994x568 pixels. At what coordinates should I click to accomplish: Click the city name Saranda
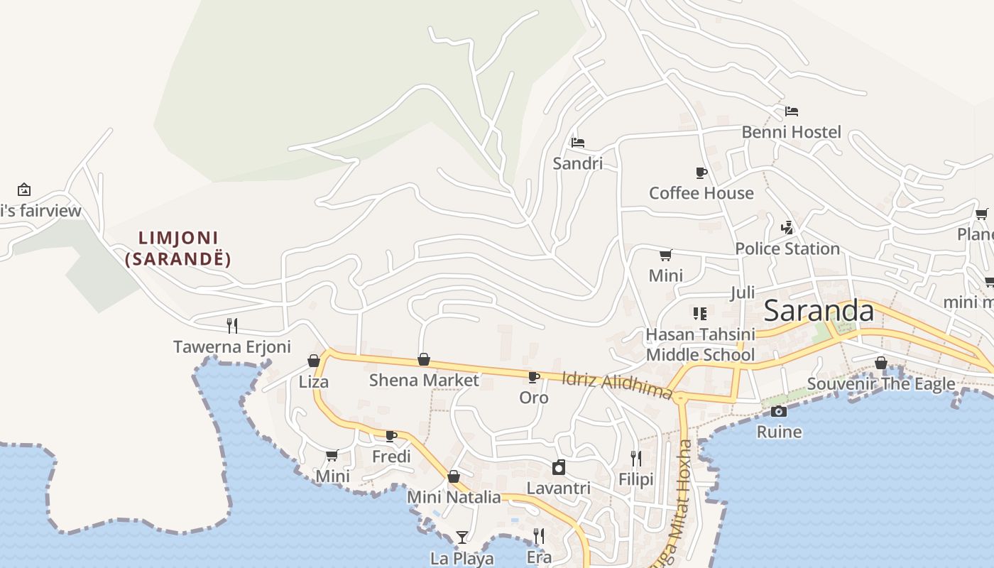coord(819,311)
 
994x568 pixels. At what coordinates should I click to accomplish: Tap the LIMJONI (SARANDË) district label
coord(178,248)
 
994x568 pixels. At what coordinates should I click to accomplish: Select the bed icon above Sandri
coord(578,143)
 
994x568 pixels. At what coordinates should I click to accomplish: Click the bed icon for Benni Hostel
coord(792,111)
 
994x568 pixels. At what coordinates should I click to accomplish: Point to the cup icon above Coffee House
coord(701,173)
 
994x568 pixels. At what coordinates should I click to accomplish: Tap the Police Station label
coord(787,248)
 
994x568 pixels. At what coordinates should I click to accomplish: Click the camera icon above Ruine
coord(779,411)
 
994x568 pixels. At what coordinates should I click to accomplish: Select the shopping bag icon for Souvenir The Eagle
coord(881,363)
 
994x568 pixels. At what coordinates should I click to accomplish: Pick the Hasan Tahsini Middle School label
coord(700,344)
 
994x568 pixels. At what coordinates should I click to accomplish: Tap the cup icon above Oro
coord(534,377)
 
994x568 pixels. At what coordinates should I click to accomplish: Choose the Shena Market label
coord(424,380)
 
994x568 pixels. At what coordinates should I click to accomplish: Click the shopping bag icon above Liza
coord(314,361)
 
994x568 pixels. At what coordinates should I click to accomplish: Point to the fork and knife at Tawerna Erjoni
coord(232,326)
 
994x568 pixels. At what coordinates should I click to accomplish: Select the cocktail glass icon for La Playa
coord(462,537)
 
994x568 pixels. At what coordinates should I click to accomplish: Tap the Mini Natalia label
coord(454,497)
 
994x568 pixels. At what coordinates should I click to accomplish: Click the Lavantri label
coord(559,488)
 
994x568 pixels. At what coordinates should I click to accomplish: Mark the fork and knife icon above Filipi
coord(636,459)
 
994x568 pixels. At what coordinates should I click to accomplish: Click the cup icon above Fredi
coord(391,436)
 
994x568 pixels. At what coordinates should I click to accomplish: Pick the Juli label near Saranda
coord(743,293)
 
